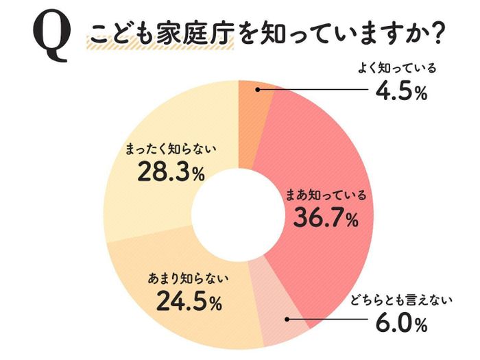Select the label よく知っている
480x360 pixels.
(x=398, y=69)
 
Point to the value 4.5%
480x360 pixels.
(x=400, y=91)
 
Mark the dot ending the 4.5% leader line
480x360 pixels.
(x=255, y=90)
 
